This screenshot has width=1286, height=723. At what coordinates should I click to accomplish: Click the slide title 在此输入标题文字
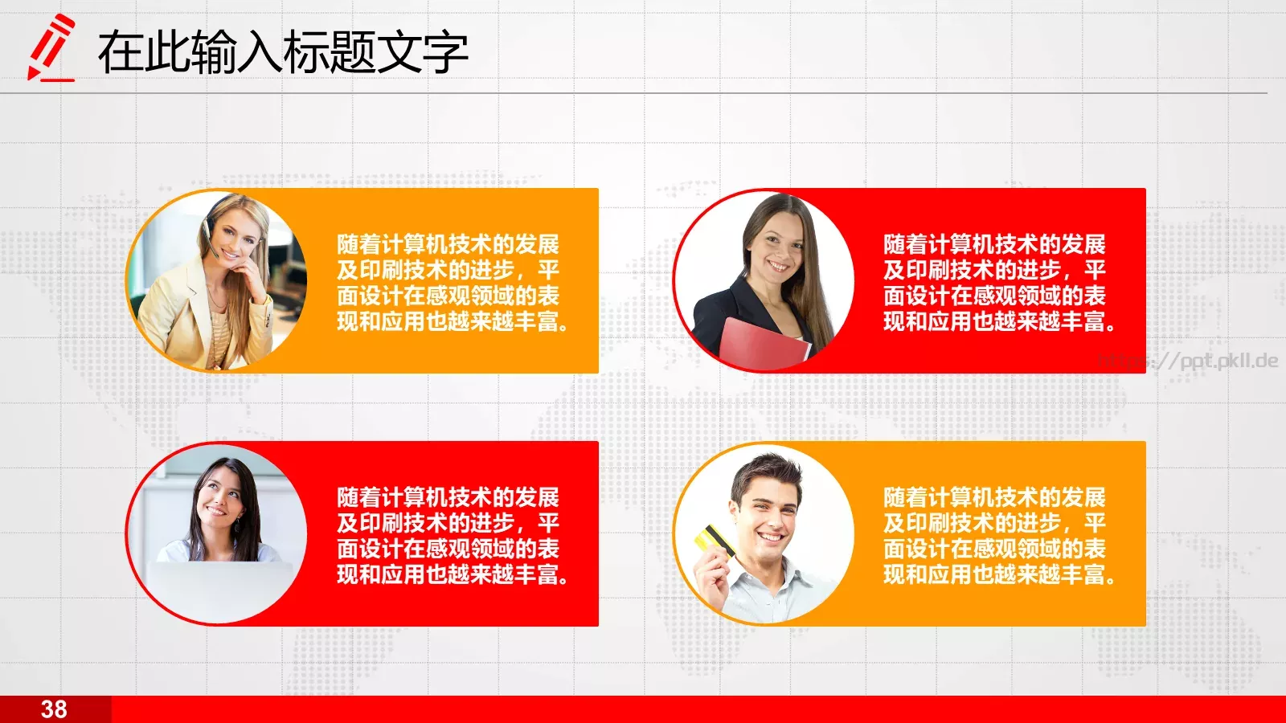(x=283, y=52)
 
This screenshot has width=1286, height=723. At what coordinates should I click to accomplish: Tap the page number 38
(x=54, y=709)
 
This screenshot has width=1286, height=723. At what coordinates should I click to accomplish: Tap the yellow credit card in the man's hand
(x=714, y=539)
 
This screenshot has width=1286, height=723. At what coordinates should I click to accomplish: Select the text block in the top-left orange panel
(x=452, y=283)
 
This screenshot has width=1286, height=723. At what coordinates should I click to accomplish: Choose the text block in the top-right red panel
(x=998, y=283)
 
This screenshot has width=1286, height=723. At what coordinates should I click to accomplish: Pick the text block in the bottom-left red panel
(x=452, y=536)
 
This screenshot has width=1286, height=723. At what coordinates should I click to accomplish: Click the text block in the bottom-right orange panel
(x=998, y=536)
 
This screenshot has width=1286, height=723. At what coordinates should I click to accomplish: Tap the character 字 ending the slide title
(x=444, y=52)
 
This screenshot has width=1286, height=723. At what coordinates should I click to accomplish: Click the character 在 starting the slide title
(x=121, y=52)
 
